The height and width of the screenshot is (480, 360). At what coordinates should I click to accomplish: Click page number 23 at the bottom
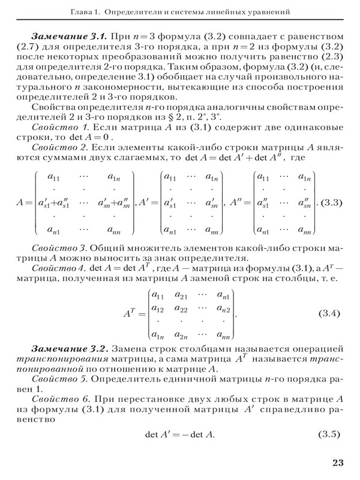pyautogui.click(x=337, y=462)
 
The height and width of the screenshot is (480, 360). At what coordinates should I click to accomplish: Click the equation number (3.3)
pyautogui.click(x=330, y=202)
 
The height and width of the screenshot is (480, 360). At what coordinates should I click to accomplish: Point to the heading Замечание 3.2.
pyautogui.click(x=65, y=349)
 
